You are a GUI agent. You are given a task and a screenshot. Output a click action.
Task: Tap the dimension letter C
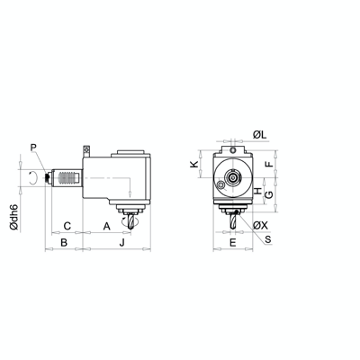coord(67,224)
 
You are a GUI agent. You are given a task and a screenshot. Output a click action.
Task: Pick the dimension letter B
coord(63,243)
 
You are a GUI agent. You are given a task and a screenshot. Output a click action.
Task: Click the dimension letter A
coord(106,224)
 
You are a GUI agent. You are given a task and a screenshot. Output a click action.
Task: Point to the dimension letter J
coord(121,243)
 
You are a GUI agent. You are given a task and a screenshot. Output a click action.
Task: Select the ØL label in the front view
coord(258,134)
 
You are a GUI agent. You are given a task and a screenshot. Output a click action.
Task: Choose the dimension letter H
coord(257,192)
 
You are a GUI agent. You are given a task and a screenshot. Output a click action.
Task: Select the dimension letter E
coord(232,243)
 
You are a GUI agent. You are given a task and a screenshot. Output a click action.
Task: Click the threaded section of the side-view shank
coord(63,178)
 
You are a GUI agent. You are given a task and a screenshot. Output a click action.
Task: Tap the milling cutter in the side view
coord(132,219)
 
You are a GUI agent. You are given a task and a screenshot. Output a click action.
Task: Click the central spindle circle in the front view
coord(234,177)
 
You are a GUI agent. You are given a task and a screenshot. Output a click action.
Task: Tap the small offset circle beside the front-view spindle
coord(221,188)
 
